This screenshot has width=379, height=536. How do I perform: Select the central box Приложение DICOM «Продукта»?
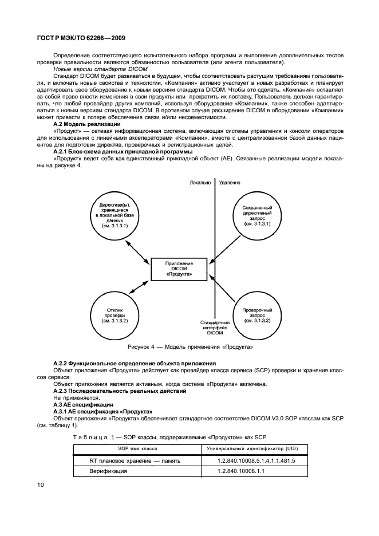pos(179,269)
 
